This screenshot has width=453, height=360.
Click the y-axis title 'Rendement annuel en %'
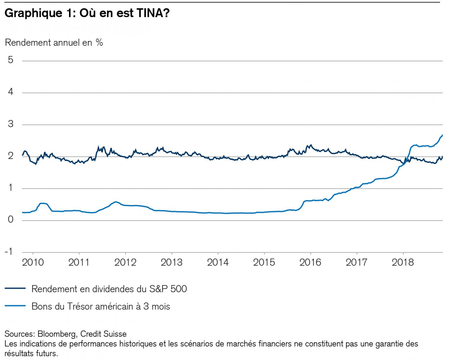coord(54,43)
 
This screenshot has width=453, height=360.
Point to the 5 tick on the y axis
coord(11,60)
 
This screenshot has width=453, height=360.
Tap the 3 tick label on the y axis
coord(11,124)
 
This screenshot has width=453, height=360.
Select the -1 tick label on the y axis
coord(9,251)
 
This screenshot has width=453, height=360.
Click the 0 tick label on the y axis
coord(11,220)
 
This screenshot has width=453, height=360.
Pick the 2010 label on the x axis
coord(33,262)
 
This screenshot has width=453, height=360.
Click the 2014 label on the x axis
coord(218,262)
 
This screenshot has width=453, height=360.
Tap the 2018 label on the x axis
coord(403,262)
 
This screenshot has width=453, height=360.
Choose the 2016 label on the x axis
coord(310,262)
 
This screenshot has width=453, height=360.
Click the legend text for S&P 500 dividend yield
coord(109,289)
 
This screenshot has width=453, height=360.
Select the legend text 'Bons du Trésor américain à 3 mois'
coord(101,306)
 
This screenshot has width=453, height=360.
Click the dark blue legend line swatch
coord(15,289)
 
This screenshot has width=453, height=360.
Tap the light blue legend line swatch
coord(15,306)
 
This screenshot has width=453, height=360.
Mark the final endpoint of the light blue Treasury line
coord(442,135)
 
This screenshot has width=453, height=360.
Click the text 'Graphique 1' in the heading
coord(38,13)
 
